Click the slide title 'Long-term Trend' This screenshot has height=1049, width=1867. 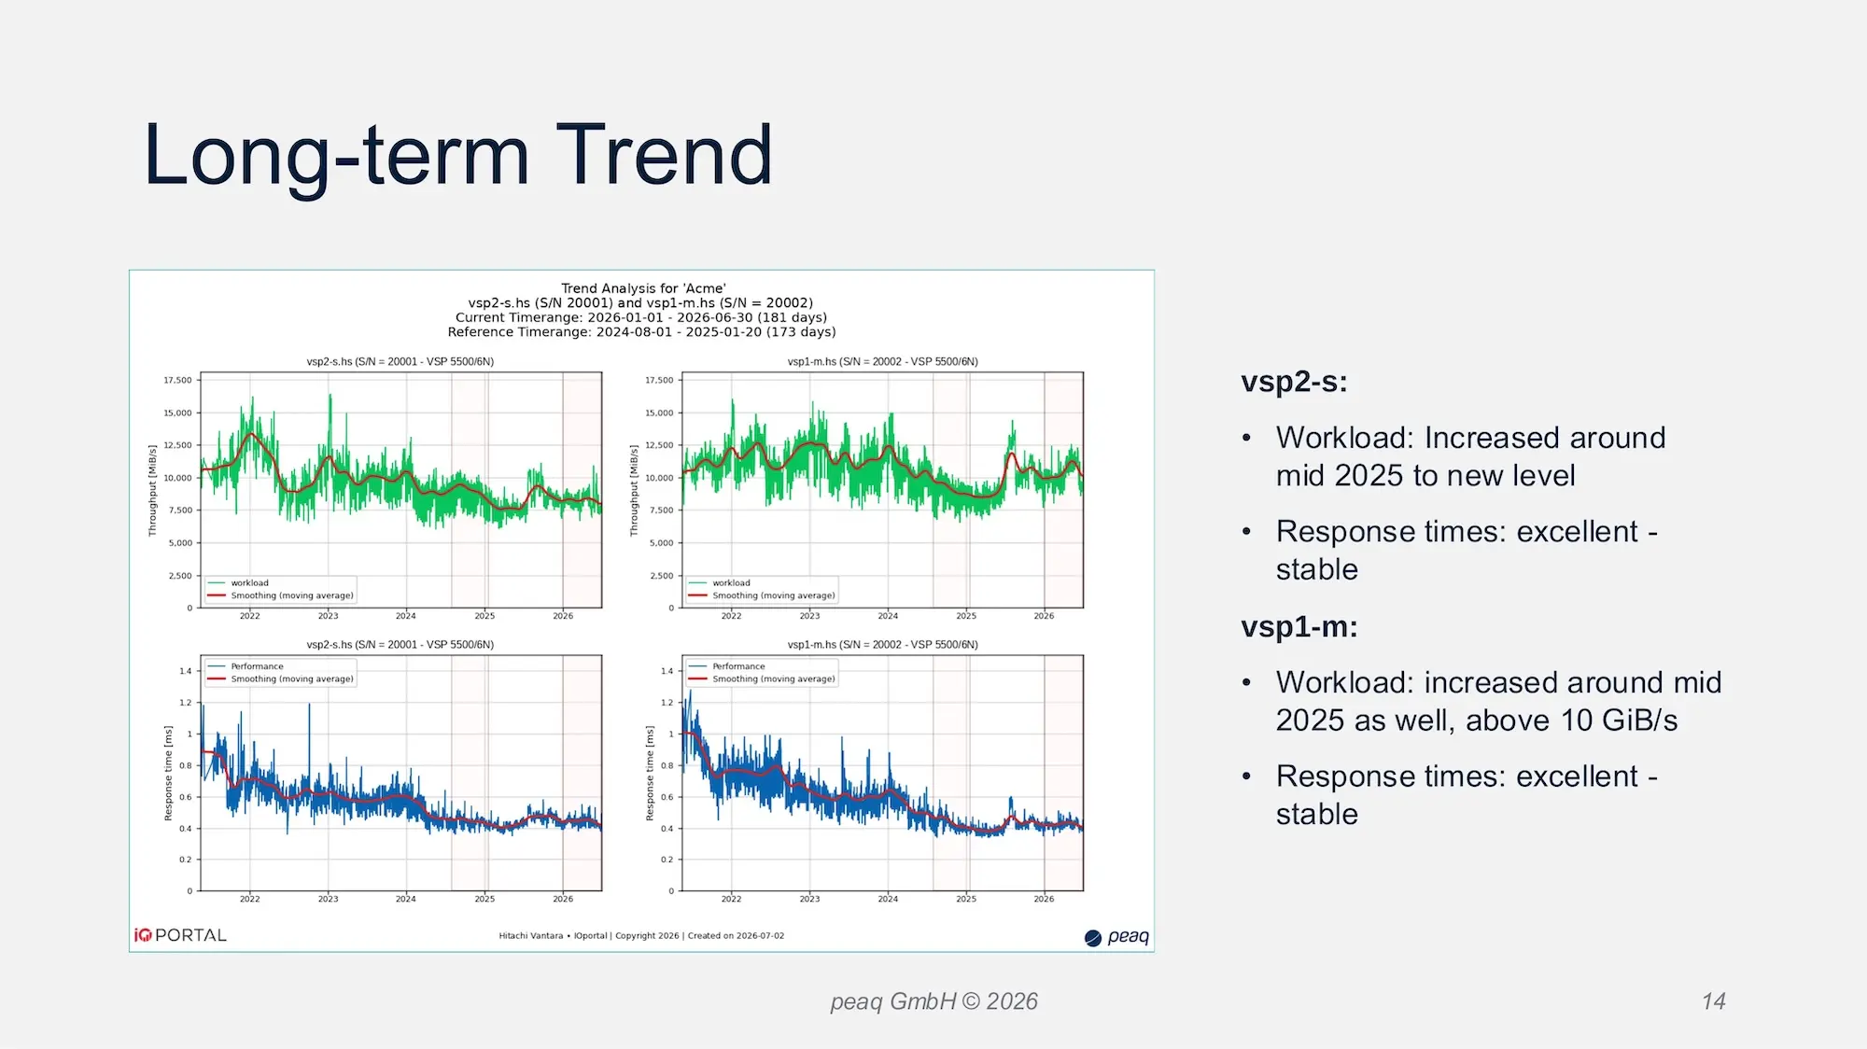pos(458,155)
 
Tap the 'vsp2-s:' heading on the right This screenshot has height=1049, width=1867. pos(1294,382)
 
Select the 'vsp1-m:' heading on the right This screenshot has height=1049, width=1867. pos(1298,626)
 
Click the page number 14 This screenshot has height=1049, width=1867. pos(1713,1001)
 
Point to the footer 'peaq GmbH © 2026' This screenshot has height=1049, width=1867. pos(933,1001)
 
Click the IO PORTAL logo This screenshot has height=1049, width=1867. pos(180,935)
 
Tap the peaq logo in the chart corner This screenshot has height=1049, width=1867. pos(1116,937)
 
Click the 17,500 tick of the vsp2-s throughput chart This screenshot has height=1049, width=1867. pos(177,381)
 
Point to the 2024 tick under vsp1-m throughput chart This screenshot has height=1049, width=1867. pos(888,616)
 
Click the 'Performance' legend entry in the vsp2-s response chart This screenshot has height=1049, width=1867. pos(257,666)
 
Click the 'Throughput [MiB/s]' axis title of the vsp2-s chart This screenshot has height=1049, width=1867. pos(152,491)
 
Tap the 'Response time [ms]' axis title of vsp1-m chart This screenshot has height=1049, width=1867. pos(650,774)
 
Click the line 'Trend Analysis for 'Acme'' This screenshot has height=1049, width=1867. pos(643,288)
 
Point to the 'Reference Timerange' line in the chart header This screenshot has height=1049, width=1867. pos(641,332)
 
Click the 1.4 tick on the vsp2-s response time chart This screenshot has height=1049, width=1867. pos(185,671)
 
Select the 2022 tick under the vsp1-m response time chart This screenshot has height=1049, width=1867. pos(731,899)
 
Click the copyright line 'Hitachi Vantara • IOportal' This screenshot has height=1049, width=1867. pos(553,936)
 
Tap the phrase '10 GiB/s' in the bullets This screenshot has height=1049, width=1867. pos(1620,720)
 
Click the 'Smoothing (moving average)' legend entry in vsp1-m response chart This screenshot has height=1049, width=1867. pos(774,679)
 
